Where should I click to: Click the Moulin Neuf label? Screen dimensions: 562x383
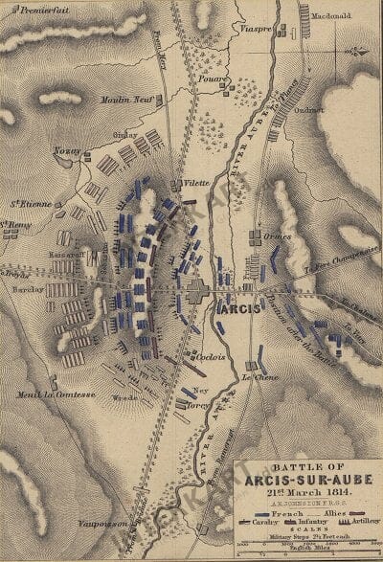[124, 99]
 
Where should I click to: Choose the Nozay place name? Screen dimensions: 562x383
[64, 150]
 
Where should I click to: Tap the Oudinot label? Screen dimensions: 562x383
[330, 107]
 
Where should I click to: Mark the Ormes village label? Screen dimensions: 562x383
[277, 236]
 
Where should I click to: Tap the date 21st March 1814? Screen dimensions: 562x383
[304, 494]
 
